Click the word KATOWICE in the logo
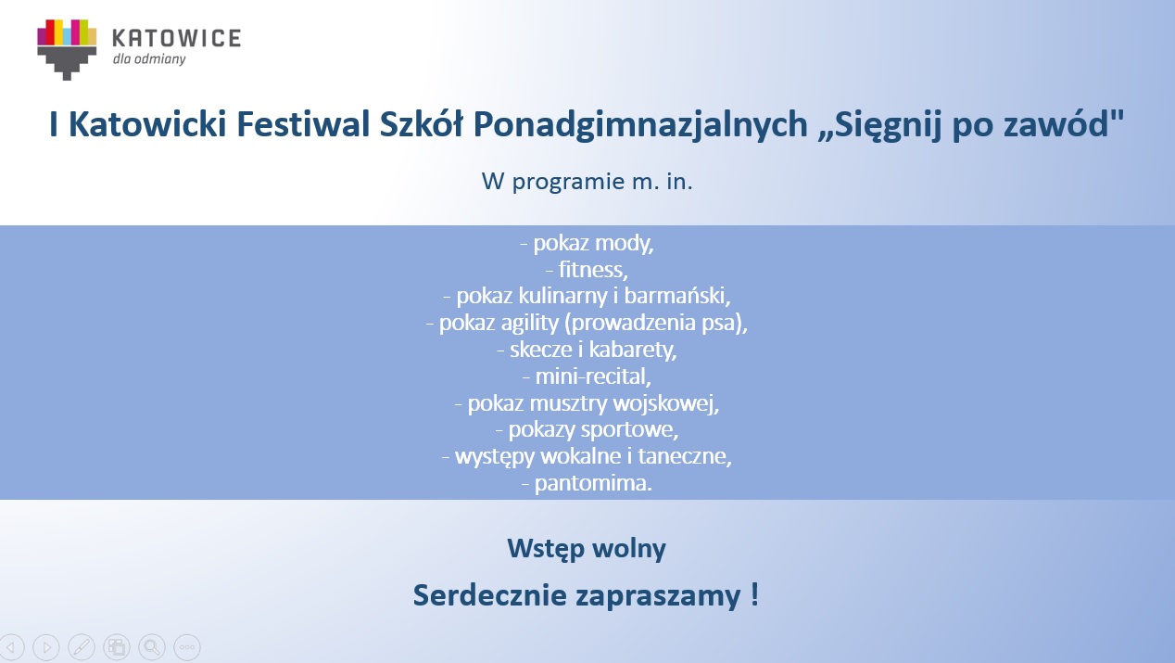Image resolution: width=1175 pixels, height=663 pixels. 177,38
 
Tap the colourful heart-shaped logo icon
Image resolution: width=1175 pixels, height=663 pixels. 67,50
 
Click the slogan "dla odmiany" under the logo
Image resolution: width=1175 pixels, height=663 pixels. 149,58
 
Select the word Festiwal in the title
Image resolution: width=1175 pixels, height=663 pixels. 303,124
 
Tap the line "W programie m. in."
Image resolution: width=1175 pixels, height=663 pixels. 587,183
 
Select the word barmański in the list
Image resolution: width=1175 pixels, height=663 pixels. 676,296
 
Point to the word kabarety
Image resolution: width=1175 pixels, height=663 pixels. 633,350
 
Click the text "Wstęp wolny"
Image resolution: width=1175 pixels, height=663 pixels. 587,550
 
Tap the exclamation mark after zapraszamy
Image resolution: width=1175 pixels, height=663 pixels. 754,594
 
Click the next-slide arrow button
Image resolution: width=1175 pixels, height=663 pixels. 46,647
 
